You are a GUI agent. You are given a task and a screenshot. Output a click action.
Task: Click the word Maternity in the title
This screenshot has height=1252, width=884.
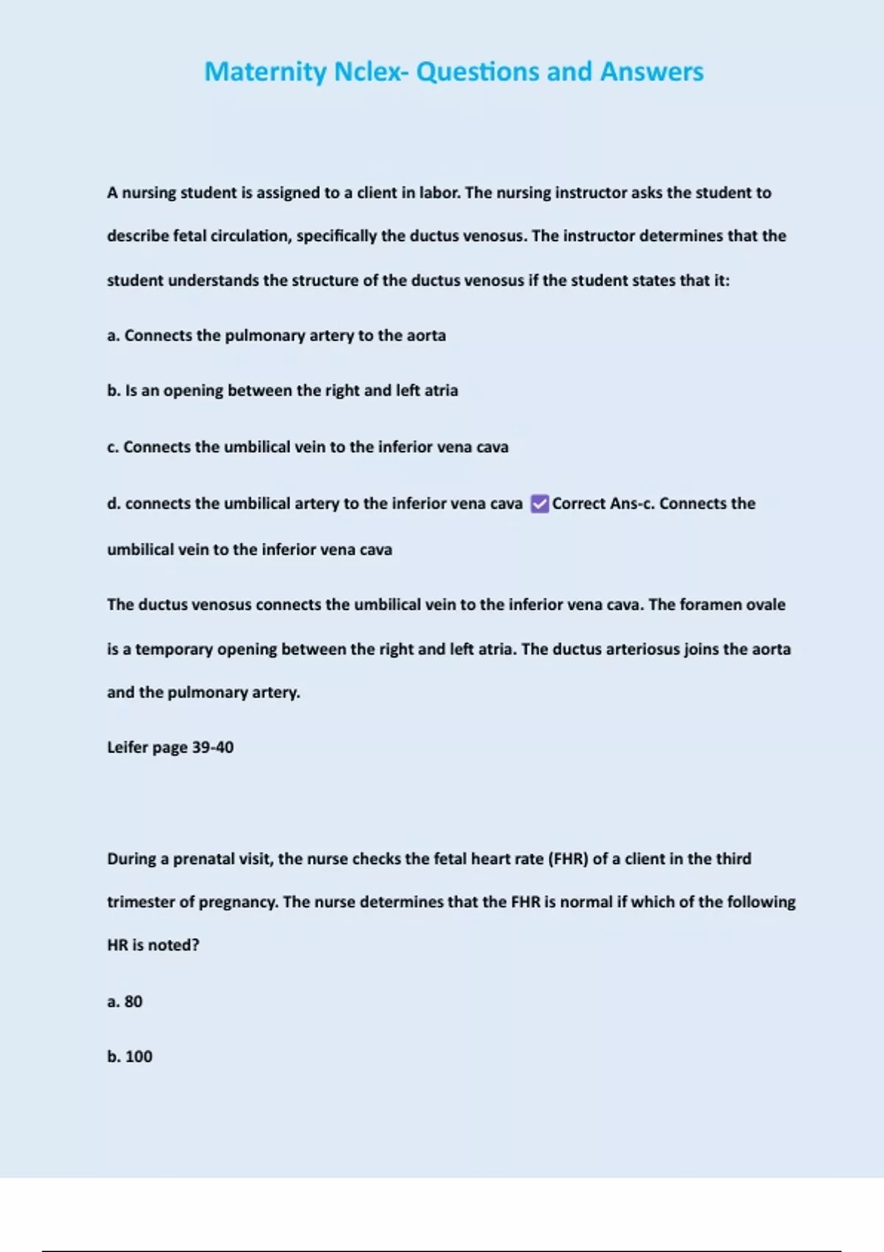(265, 71)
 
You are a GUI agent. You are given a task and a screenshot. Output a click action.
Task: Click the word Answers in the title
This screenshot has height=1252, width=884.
(652, 71)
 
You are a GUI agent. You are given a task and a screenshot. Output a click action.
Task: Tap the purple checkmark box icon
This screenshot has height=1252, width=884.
(539, 504)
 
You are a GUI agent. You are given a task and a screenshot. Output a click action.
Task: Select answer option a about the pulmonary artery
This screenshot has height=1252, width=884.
(276, 336)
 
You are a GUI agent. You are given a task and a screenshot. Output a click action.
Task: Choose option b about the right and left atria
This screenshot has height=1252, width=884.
(282, 390)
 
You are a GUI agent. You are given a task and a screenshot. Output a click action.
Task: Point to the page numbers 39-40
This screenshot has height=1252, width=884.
(213, 748)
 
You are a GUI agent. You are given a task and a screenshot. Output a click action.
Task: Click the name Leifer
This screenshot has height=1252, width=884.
(127, 748)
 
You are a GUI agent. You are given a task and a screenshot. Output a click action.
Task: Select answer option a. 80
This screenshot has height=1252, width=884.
(124, 1002)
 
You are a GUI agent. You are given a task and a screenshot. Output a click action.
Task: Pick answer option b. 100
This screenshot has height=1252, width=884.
(130, 1056)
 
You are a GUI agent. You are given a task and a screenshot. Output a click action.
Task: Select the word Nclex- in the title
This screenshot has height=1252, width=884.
(371, 71)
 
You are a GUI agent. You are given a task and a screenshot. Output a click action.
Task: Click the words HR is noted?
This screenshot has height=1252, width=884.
(153, 945)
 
